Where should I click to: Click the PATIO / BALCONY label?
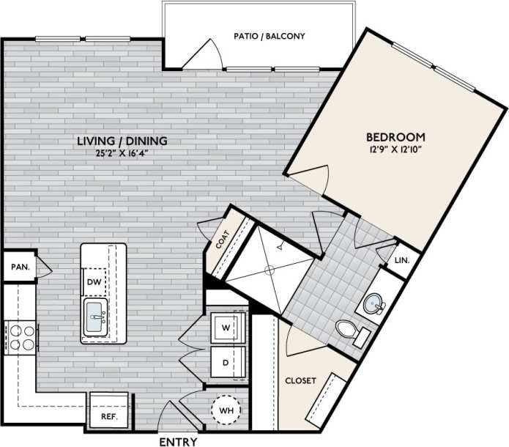269,36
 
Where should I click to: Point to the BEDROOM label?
395,137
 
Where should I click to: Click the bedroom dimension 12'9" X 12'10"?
395,149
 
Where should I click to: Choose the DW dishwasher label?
94,282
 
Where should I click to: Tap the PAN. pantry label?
20,267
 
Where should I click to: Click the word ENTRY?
177,441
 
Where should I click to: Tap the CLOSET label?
300,380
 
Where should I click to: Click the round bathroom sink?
374,303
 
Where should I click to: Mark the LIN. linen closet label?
401,260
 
